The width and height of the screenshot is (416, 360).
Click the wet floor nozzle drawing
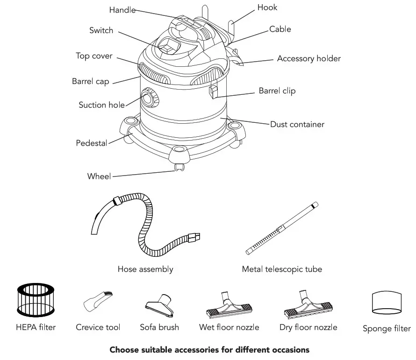pos(229,305)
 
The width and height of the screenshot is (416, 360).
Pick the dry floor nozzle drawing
pos(308,305)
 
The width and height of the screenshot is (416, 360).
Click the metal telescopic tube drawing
pos(282,228)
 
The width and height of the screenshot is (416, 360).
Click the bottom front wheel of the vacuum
pos(178,167)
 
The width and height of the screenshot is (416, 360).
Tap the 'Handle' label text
pos(122,10)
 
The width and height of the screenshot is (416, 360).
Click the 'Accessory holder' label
pos(308,59)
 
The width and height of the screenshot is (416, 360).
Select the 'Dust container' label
pos(297,124)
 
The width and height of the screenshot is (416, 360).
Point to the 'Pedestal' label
pos(92,143)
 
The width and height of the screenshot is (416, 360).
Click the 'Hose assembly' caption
pos(145,269)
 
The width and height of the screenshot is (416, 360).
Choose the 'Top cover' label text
pos(94,56)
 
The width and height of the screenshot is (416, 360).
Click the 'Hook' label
pos(267,7)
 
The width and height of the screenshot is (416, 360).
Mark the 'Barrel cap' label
pos(91,81)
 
